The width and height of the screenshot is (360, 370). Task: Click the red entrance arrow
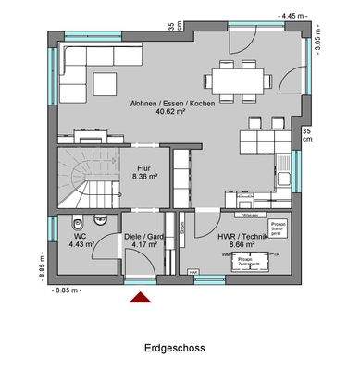tap(140, 297)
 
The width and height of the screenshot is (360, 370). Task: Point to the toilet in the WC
tap(81, 220)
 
